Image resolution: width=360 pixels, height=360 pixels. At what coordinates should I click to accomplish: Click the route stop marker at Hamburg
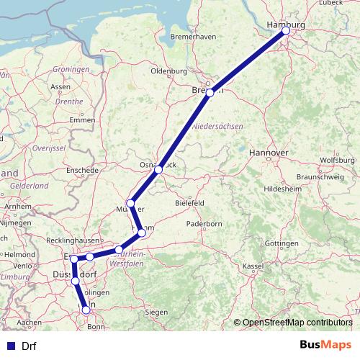(286, 31)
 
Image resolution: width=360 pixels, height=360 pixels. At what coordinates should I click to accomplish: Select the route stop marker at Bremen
(210, 93)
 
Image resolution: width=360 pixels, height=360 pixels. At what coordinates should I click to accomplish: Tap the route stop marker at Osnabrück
(158, 170)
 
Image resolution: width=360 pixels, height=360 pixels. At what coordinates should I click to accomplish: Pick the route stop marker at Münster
(130, 204)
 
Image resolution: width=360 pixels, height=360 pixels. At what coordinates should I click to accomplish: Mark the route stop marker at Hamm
(142, 233)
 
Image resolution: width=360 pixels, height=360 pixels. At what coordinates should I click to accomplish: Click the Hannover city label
(268, 153)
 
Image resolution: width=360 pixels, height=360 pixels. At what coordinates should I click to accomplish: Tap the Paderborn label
(204, 224)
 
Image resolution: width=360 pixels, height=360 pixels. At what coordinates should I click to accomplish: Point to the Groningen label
(71, 70)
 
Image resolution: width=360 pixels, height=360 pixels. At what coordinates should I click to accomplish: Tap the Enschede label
(81, 171)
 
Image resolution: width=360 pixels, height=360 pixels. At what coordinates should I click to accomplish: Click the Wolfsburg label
(337, 160)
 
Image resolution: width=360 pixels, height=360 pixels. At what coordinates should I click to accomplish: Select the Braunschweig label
(318, 176)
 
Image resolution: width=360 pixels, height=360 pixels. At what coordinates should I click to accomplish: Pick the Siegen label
(156, 312)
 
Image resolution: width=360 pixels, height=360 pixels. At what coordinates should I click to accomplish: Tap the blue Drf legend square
(11, 346)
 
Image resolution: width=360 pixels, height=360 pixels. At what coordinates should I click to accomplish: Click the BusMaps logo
(325, 345)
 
